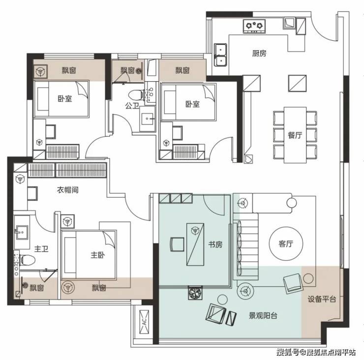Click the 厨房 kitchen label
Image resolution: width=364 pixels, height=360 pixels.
[x=259, y=54]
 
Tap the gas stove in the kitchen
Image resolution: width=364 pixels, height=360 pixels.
[x=254, y=26]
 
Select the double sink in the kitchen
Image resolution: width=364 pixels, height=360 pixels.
[x=220, y=55]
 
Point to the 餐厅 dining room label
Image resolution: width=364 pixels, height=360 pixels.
[x=295, y=135]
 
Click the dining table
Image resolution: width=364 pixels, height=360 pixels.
[x=295, y=135]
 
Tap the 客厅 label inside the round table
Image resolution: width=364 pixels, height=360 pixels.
[x=286, y=244]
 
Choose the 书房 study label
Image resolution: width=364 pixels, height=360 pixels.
[x=215, y=244]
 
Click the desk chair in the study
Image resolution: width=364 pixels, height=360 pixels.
[x=177, y=244]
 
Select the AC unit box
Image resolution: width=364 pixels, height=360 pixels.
[x=144, y=322]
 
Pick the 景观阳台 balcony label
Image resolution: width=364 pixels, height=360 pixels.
[x=263, y=316]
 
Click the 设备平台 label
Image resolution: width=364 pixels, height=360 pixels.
[x=322, y=299]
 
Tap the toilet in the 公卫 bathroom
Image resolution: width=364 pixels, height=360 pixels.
[x=136, y=95]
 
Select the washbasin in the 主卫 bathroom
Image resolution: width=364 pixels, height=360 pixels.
[x=22, y=232]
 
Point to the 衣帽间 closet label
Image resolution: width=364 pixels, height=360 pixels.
[x=67, y=190]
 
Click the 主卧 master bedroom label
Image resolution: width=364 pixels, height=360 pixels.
[x=97, y=255]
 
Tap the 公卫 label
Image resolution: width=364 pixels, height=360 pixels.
[x=132, y=106]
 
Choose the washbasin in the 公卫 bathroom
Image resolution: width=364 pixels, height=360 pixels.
[x=148, y=119]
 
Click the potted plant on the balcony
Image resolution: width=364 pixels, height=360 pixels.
[x=195, y=293]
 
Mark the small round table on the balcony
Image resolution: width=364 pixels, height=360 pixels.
[x=222, y=300]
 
